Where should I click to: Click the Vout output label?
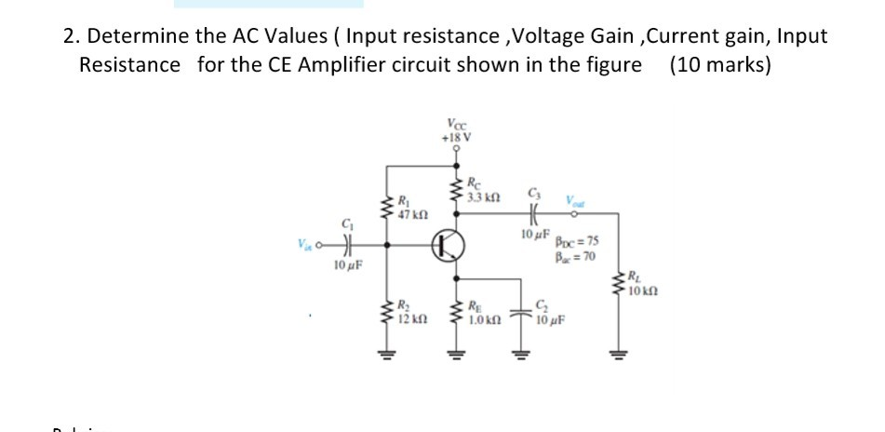pos(570,199)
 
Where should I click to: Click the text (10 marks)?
pos(719,65)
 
